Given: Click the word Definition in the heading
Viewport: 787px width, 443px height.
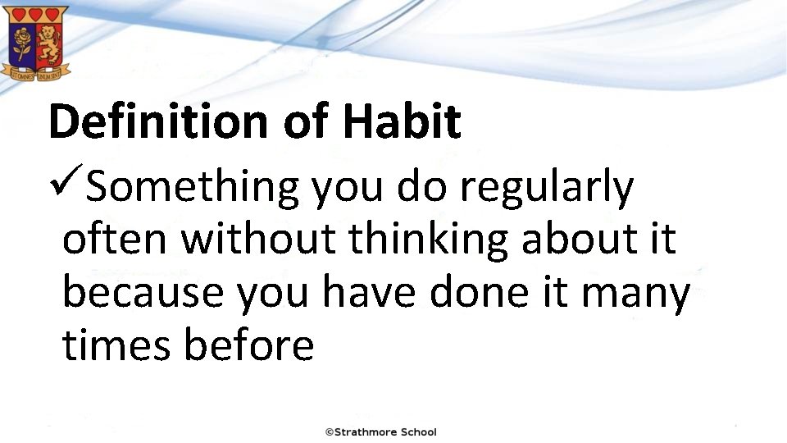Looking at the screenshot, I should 159,121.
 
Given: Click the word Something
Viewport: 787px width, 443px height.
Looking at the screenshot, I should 193,187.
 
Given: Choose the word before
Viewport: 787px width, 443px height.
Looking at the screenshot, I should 249,345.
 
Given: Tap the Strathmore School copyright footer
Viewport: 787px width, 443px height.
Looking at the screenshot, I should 381,432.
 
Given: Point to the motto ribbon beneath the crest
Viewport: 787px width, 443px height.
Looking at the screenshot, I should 36,73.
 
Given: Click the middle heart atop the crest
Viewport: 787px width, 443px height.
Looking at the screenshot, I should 36,15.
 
